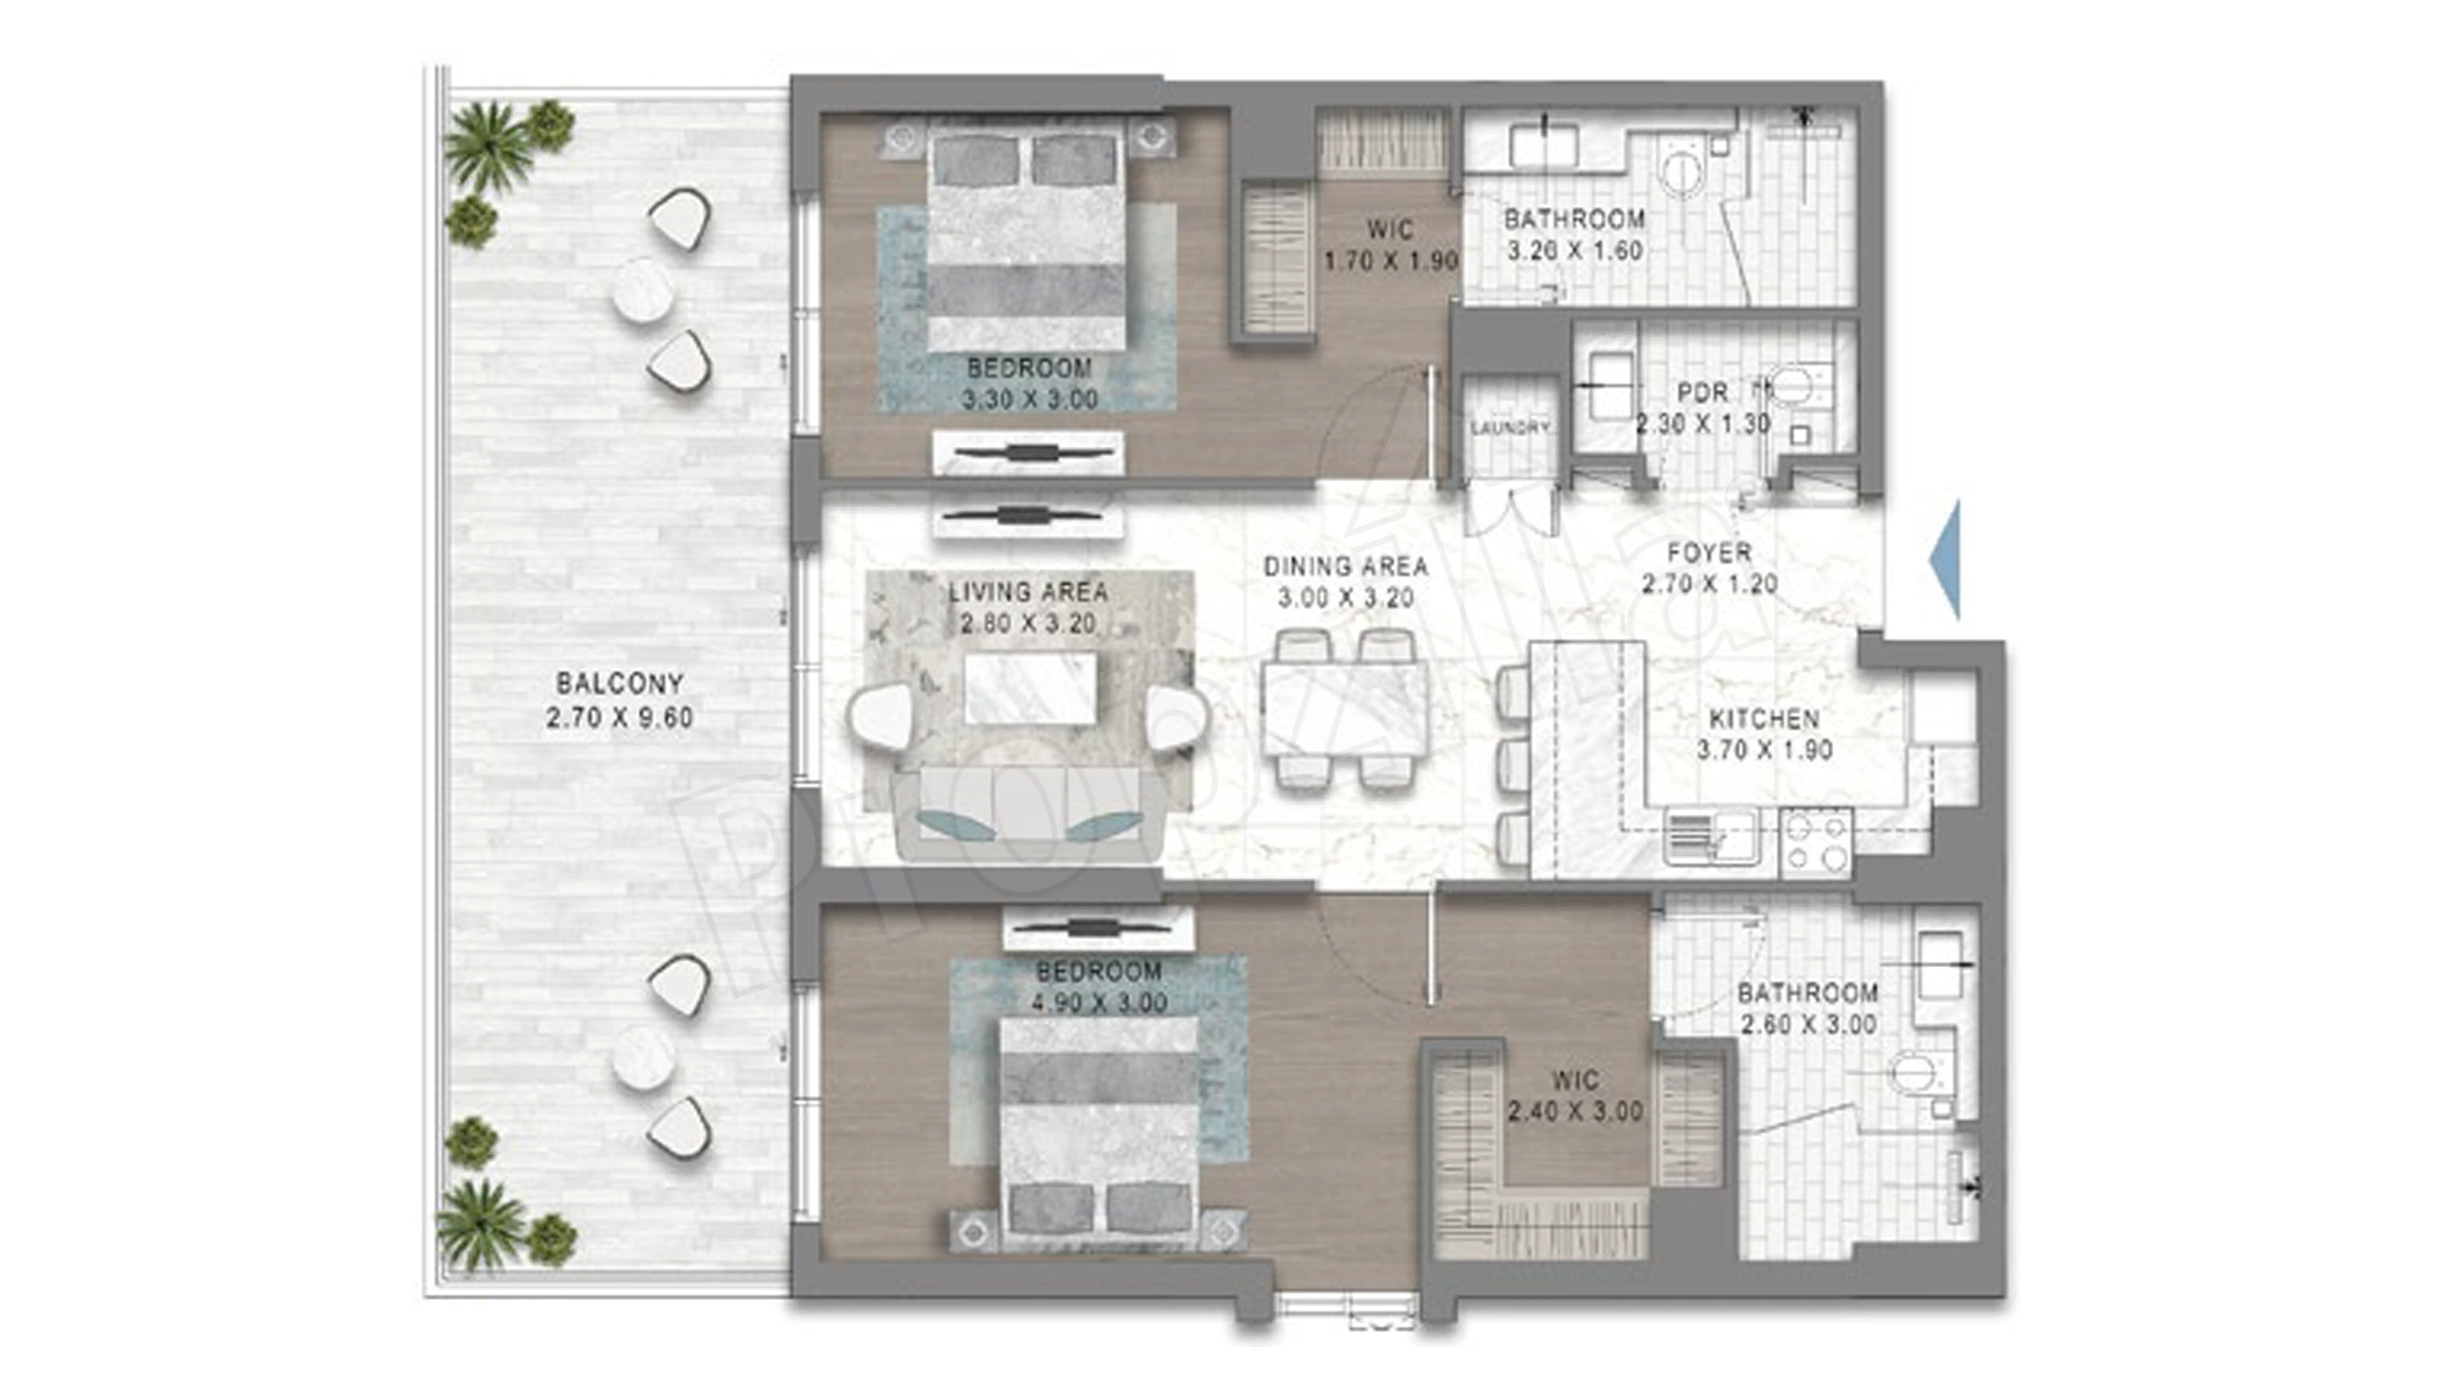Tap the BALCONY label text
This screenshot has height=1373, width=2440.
tap(619, 683)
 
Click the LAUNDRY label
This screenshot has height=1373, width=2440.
tap(1510, 428)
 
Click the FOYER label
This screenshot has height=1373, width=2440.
tap(1709, 553)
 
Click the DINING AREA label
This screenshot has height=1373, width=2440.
tap(1345, 567)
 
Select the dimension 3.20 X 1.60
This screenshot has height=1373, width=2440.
tap(1574, 251)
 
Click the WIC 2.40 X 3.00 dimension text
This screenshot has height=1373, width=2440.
tap(1574, 1112)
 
